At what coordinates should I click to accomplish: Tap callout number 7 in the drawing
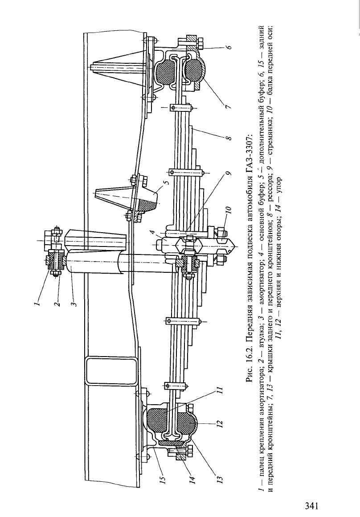(x=229, y=107)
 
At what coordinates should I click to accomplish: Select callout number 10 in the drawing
(x=229, y=210)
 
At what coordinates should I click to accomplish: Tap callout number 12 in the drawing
(x=220, y=423)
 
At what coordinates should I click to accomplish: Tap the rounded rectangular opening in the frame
(x=111, y=371)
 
